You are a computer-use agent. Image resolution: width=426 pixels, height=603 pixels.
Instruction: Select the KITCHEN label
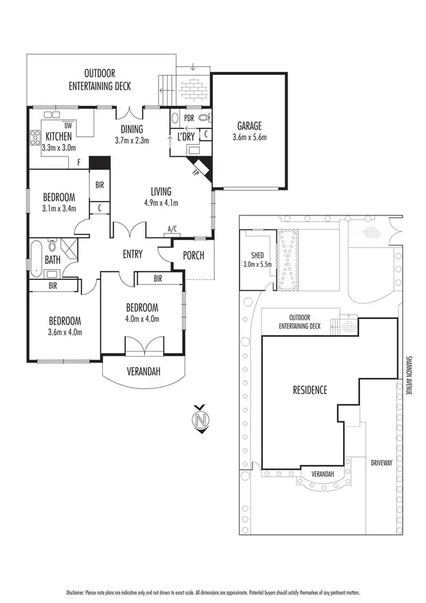click(59, 136)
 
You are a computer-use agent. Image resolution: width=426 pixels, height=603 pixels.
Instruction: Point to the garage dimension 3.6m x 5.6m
click(249, 137)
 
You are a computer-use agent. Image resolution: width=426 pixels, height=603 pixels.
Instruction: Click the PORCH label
click(193, 255)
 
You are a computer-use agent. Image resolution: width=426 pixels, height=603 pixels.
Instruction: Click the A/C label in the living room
click(172, 229)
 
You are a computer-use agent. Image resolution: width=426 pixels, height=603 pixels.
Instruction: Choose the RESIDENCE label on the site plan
click(310, 390)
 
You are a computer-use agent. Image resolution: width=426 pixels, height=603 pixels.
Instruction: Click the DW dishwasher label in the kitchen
click(68, 125)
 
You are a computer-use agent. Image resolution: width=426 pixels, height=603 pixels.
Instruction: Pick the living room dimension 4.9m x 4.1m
click(161, 203)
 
